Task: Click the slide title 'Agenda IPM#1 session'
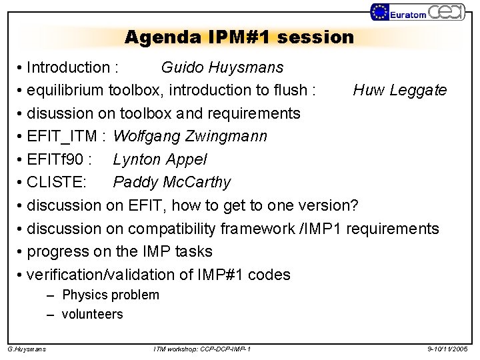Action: coord(239,37)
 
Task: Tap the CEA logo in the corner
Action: coord(447,12)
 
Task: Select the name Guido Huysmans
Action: coord(222,67)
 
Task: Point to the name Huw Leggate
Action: coord(400,90)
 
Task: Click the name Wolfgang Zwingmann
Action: coord(190,137)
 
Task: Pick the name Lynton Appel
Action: coord(160,159)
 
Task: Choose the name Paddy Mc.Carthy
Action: coord(172,182)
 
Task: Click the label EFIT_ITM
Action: coord(64,137)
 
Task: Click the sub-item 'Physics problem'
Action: coord(111,295)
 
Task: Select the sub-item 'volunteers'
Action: coord(93,314)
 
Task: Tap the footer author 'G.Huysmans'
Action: coord(27,349)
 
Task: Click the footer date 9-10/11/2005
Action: coord(448,349)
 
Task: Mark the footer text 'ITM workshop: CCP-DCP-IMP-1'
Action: coord(202,349)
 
